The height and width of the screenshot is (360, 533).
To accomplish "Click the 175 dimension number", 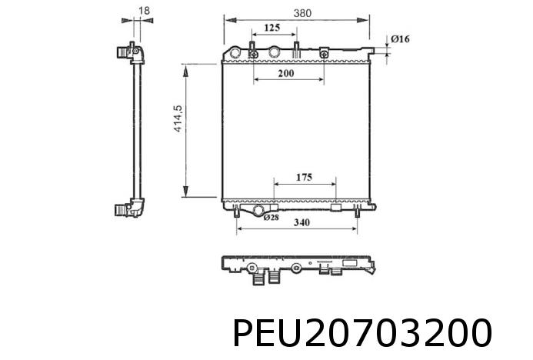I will (x=303, y=178).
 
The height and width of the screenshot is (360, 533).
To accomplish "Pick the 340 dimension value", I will (x=301, y=224).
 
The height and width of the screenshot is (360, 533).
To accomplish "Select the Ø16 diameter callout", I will (x=399, y=38).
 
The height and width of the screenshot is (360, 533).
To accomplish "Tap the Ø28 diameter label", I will (x=271, y=218).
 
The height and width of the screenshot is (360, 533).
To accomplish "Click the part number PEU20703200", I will (x=361, y=335).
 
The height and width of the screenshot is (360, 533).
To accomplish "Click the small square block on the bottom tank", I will (x=336, y=208).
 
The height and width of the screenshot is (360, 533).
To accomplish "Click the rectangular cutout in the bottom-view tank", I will (x=356, y=266).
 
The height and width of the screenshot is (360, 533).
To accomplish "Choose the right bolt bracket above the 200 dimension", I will (x=325, y=54).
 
